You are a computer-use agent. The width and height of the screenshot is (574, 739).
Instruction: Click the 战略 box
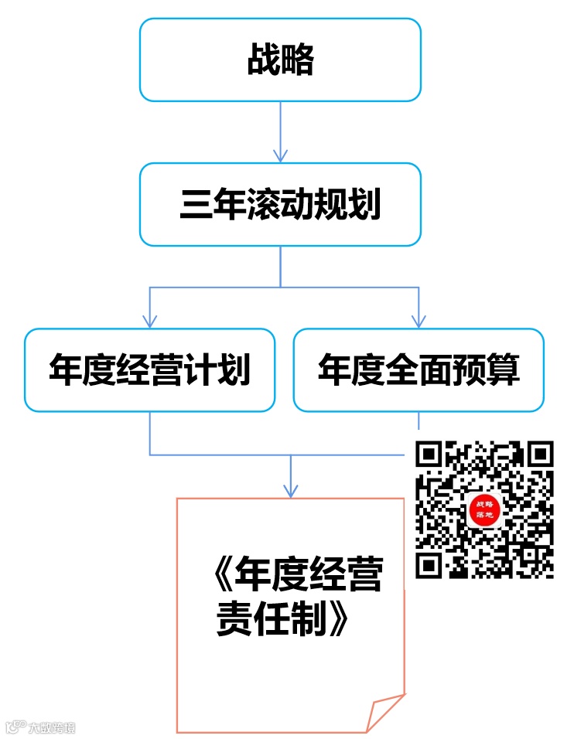[280, 60]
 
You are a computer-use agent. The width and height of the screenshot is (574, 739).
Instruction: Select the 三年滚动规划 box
[280, 205]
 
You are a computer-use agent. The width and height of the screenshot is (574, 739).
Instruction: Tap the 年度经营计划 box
[149, 369]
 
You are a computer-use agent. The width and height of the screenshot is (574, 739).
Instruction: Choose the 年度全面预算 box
[419, 369]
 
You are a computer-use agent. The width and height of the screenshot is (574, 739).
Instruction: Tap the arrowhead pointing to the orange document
[290, 490]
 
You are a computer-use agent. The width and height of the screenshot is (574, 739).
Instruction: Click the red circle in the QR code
[485, 511]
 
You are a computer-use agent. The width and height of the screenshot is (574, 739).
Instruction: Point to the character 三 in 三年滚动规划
[192, 206]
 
